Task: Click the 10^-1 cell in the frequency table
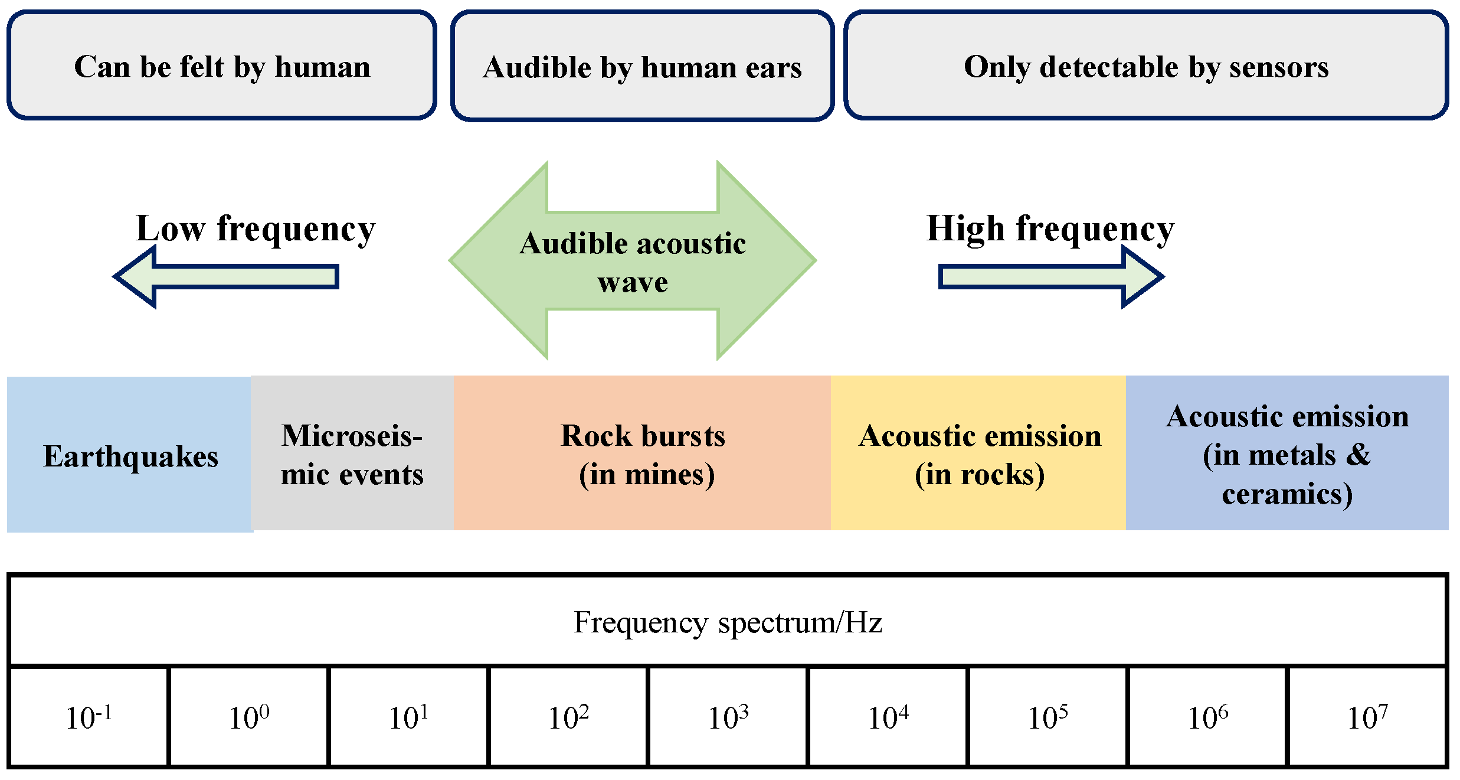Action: [x=89, y=717]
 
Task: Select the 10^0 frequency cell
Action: [x=248, y=717]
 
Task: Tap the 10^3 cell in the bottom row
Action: [x=728, y=717]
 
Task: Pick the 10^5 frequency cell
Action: [x=1047, y=717]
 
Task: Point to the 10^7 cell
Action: [x=1367, y=717]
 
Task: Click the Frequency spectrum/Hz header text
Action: [x=728, y=622]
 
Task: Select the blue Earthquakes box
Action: [x=130, y=455]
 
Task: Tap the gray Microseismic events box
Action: [x=352, y=453]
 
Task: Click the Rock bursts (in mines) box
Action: [x=643, y=453]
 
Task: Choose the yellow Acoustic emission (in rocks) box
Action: [x=978, y=453]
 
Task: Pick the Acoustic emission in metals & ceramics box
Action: [x=1287, y=453]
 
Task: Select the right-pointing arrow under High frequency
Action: [x=1050, y=277]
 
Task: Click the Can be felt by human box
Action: [x=222, y=66]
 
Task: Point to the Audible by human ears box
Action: [x=642, y=66]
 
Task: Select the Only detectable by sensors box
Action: [x=1145, y=66]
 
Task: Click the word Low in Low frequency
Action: [x=171, y=229]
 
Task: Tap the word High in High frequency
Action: [x=965, y=229]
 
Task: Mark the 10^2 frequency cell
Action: [x=568, y=717]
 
